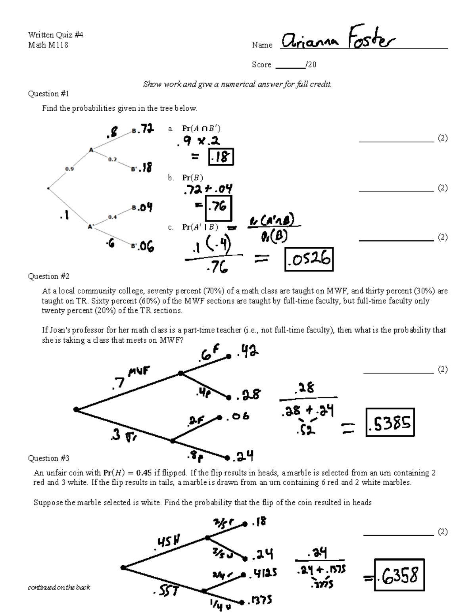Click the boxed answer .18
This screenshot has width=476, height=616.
tap(221, 157)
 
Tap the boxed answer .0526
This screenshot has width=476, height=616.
tap(309, 259)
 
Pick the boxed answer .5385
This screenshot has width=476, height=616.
tap(390, 423)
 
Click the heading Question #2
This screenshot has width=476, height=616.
tap(48, 276)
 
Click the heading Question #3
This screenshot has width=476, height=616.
tap(48, 458)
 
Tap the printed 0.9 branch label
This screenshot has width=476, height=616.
tap(69, 169)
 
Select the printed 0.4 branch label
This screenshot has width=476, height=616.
tap(112, 217)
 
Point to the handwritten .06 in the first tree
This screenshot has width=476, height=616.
tap(146, 247)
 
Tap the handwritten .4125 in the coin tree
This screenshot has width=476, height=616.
tap(263, 573)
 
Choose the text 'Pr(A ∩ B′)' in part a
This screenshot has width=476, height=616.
tap(201, 129)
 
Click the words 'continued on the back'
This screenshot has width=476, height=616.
tap(59, 587)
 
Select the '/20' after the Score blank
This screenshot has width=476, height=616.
tap(311, 65)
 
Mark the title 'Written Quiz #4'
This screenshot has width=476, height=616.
tap(56, 35)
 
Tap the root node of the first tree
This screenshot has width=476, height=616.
tap(48, 188)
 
